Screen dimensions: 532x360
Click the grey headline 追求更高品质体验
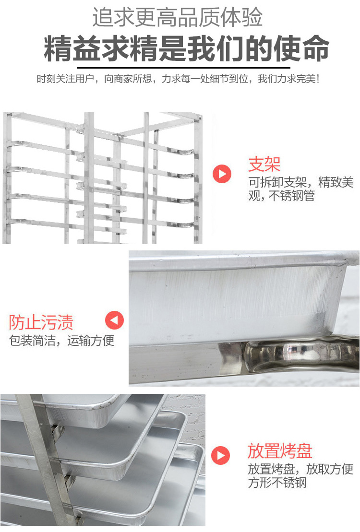pyautogui.click(x=178, y=18)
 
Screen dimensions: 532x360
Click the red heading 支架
pyautogui.click(x=264, y=165)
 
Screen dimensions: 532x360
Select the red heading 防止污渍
pyautogui.click(x=41, y=322)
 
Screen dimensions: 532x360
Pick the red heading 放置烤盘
pyautogui.click(x=280, y=451)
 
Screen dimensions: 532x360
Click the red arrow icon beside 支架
pyautogui.click(x=222, y=173)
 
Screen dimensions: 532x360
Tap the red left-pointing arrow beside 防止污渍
pyautogui.click(x=114, y=320)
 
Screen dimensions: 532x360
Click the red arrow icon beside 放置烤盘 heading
pyautogui.click(x=221, y=455)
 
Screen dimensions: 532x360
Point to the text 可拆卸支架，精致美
pyautogui.click(x=301, y=183)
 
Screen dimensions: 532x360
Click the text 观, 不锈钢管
pyautogui.click(x=281, y=196)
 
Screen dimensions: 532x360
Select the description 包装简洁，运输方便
pyautogui.click(x=62, y=341)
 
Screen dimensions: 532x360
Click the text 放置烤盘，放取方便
pyautogui.click(x=300, y=469)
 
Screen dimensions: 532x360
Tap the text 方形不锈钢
pyautogui.click(x=277, y=483)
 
